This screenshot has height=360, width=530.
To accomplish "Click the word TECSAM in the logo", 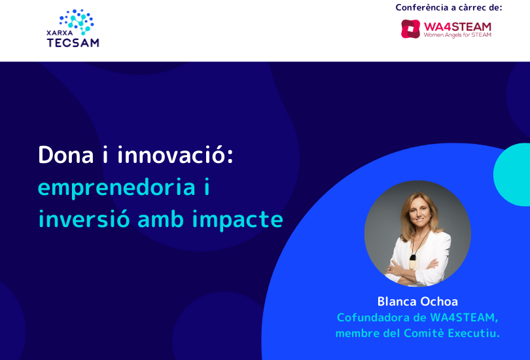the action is [73, 43].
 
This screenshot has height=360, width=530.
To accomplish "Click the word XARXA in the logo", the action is [60, 33].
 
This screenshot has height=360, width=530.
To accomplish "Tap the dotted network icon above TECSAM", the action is [77, 22].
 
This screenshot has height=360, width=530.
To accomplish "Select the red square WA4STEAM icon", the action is [410, 29].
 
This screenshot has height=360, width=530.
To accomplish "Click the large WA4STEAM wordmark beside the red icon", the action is [457, 26].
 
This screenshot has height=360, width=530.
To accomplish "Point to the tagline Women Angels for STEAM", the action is [457, 35].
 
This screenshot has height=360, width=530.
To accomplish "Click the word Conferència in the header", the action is [422, 7].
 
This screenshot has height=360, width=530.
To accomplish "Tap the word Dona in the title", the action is [66, 155].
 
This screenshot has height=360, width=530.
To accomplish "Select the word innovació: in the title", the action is [175, 155].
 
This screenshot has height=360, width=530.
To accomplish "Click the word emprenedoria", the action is [116, 188].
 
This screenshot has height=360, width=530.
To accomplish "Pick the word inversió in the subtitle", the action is [84, 219].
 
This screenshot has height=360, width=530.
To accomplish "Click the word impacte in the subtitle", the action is [238, 220].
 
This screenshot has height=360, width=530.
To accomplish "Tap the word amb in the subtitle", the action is [161, 219].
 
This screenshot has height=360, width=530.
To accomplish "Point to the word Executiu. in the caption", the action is [474, 333].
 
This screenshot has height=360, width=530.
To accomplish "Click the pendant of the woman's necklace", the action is [413, 262].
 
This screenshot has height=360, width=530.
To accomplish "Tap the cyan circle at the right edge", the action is [512, 174].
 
